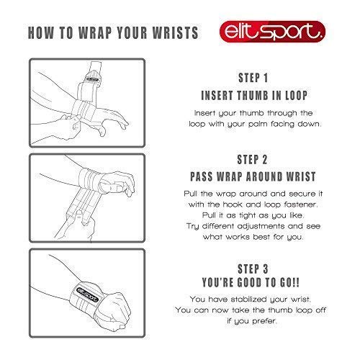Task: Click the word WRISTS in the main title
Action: click(175, 32)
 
